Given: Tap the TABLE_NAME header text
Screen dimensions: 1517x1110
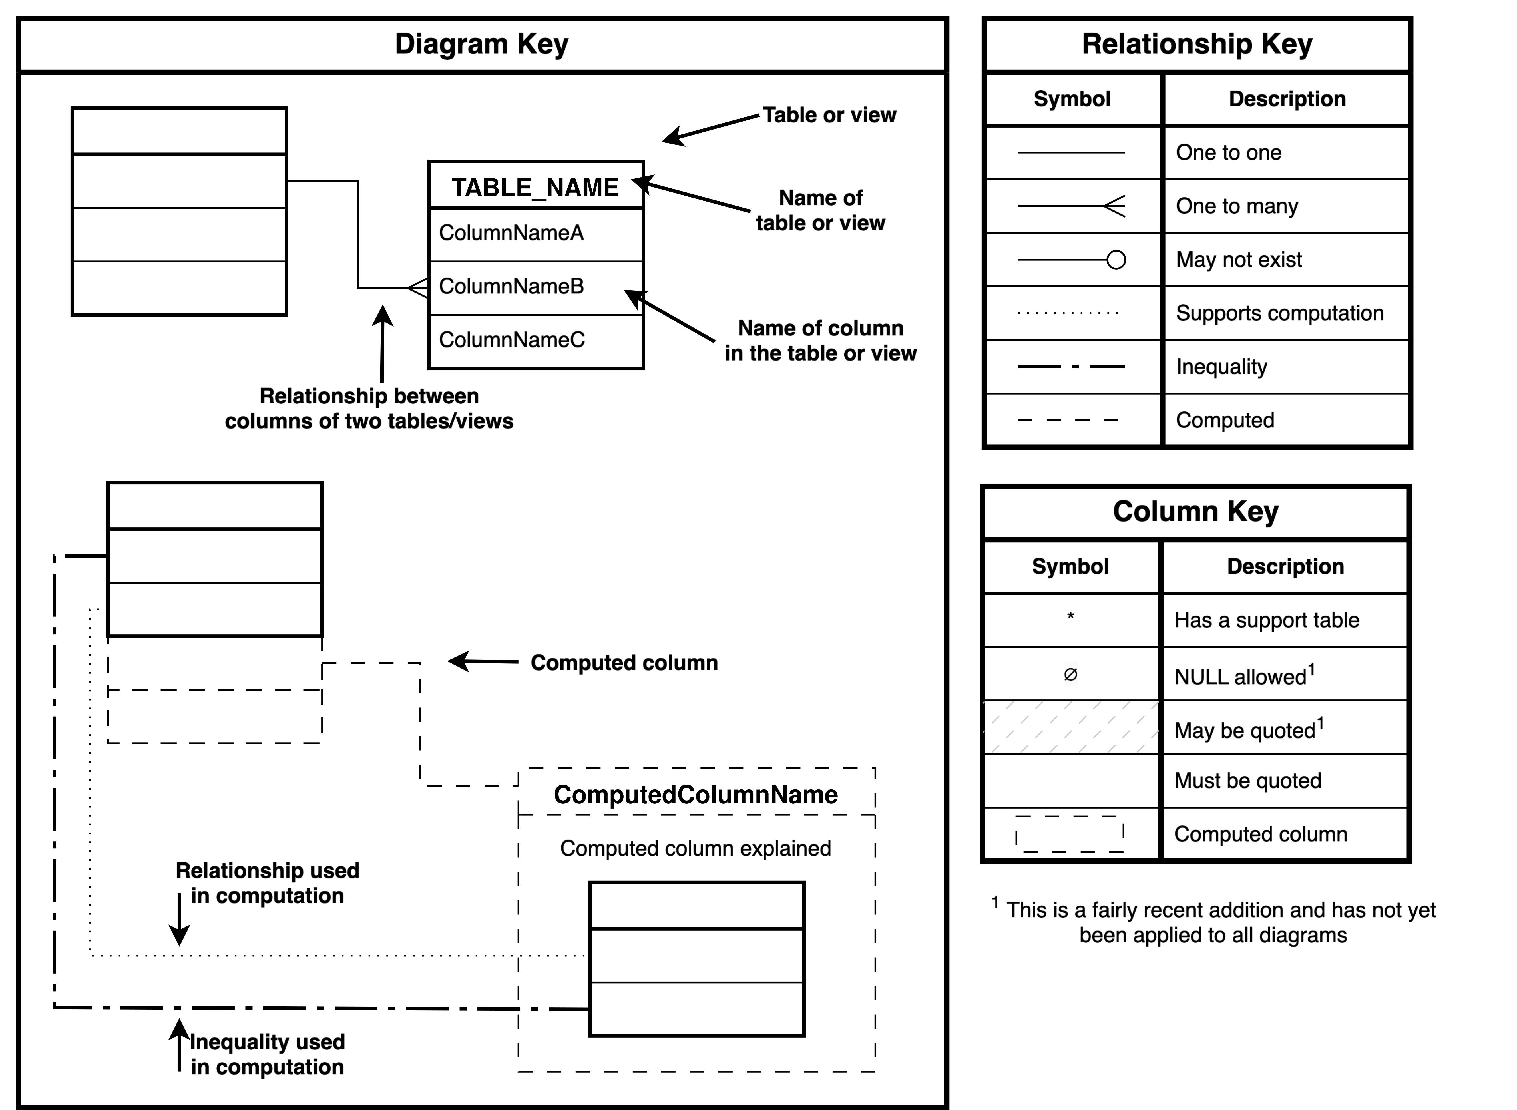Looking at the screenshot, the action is point(535,188).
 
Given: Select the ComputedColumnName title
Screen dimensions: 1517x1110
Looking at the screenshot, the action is point(695,795).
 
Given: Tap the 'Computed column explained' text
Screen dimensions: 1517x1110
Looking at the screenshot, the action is point(695,848).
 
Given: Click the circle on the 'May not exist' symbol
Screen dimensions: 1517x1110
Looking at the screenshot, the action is point(1116,260).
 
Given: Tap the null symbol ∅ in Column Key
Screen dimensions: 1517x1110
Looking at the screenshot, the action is point(1071,675).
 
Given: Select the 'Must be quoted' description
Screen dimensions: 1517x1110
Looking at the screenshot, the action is point(1247,781).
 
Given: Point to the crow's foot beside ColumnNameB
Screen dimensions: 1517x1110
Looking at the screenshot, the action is point(418,288).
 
